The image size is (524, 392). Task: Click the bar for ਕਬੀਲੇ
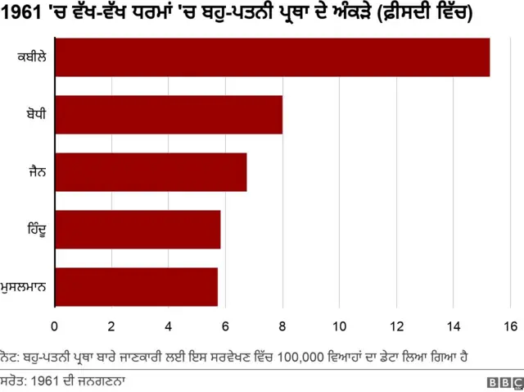click(272, 57)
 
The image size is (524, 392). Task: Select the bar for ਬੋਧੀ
click(169, 115)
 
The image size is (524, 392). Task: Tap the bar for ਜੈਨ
click(151, 172)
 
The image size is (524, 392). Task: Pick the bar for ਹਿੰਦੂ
click(138, 230)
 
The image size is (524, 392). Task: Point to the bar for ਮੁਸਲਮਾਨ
click(136, 287)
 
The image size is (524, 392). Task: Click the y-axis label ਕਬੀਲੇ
click(31, 57)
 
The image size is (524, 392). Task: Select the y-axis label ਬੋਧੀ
click(37, 115)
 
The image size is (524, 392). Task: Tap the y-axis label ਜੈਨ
click(38, 172)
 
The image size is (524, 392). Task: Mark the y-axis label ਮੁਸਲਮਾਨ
click(25, 287)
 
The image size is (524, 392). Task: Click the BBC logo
click(505, 382)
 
